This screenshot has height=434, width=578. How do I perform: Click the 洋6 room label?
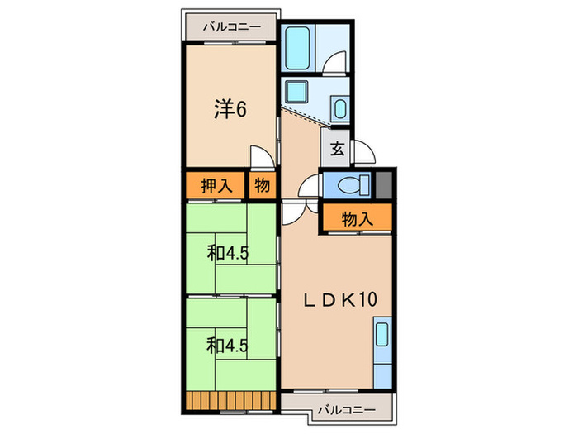click(x=230, y=109)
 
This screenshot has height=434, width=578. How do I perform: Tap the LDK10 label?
click(x=340, y=299)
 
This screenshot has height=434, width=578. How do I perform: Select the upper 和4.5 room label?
click(x=227, y=253)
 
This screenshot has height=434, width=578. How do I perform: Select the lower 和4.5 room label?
click(x=227, y=346)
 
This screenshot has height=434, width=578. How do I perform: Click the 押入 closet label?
click(x=216, y=185)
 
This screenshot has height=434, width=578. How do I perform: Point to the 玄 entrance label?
click(x=337, y=148)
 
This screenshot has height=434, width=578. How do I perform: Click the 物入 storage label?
click(x=358, y=219)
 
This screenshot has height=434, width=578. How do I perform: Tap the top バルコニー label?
click(x=232, y=26)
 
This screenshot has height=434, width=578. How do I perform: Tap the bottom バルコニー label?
click(x=347, y=410)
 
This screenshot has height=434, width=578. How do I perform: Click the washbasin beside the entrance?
click(x=340, y=108)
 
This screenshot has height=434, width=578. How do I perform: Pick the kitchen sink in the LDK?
click(x=382, y=334)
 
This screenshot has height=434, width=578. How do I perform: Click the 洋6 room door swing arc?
click(x=262, y=156)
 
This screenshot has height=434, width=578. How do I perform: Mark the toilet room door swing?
click(x=310, y=186)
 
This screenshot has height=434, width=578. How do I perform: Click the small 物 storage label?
click(x=262, y=185)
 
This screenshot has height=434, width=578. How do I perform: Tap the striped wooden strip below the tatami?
click(x=231, y=400)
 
